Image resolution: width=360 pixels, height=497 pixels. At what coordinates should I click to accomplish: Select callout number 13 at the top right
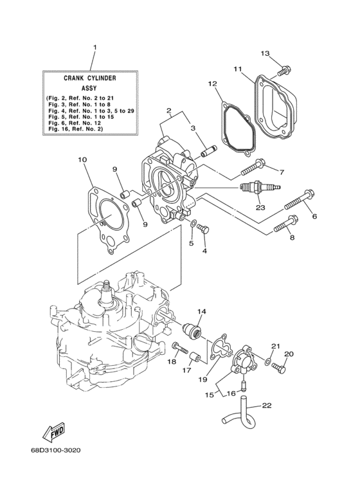click(265, 53)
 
